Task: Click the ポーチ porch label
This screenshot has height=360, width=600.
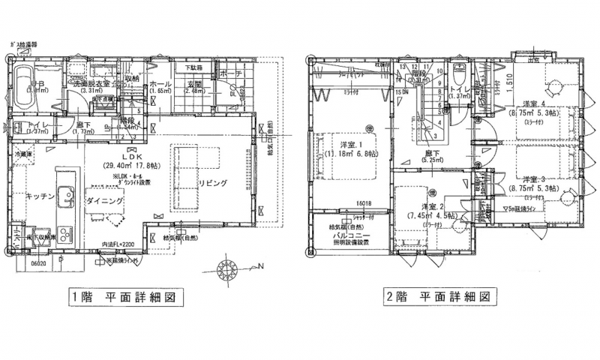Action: click(x=230, y=74)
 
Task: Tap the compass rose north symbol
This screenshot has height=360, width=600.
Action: click(x=227, y=268)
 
